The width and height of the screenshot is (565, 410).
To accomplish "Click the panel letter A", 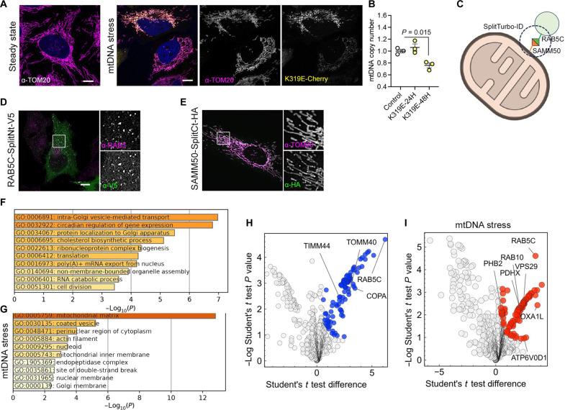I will pyautogui.click(x=5, y=4).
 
